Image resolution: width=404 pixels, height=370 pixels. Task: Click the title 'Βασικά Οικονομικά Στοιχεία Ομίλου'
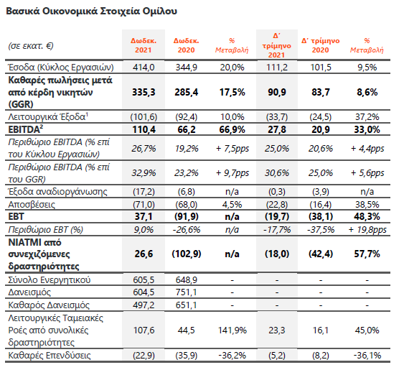[x=91, y=11]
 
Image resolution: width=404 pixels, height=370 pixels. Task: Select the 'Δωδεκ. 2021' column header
[x=144, y=45]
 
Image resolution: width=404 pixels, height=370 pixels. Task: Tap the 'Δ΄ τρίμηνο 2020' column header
[x=321, y=45]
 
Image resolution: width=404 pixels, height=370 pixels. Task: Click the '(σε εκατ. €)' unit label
[x=31, y=46]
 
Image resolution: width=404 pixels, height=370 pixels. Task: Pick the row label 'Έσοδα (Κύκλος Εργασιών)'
[x=61, y=68]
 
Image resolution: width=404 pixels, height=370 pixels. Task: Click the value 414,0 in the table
[x=144, y=68]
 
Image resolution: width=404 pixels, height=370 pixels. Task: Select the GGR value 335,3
[x=144, y=92]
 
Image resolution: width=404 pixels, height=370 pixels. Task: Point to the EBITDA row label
[x=26, y=129]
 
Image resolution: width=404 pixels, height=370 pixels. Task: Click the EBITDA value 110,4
[x=144, y=129]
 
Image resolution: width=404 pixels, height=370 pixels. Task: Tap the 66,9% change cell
[x=232, y=129]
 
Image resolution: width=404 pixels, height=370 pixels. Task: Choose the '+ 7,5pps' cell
[x=232, y=149]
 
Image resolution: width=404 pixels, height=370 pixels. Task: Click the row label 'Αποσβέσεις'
[x=32, y=205]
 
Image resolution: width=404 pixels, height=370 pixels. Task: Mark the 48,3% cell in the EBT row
[x=367, y=216]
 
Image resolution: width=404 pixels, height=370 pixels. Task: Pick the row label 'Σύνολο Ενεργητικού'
[x=50, y=280]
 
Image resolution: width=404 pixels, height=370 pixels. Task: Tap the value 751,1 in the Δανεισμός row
[x=187, y=292]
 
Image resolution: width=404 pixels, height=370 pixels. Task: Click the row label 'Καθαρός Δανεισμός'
[x=49, y=305]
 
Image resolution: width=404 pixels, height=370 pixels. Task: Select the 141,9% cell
[x=232, y=330]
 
